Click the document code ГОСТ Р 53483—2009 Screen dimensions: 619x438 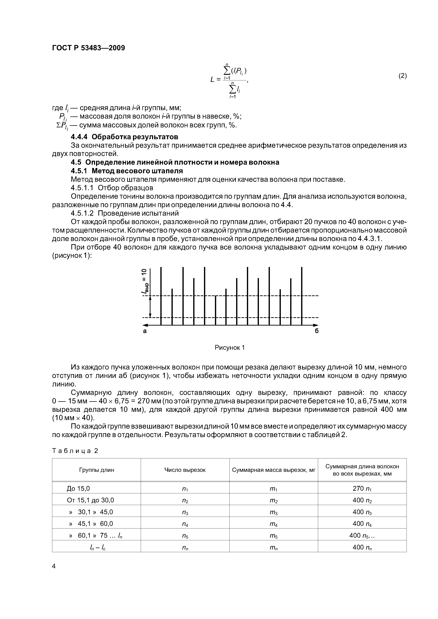[x=88, y=48]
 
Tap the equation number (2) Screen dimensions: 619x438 [x=402, y=76]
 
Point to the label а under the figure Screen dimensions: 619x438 [x=145, y=331]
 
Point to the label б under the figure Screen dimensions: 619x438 [x=316, y=331]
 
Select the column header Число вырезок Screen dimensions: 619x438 [x=185, y=470]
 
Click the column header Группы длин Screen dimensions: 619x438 [x=96, y=470]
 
